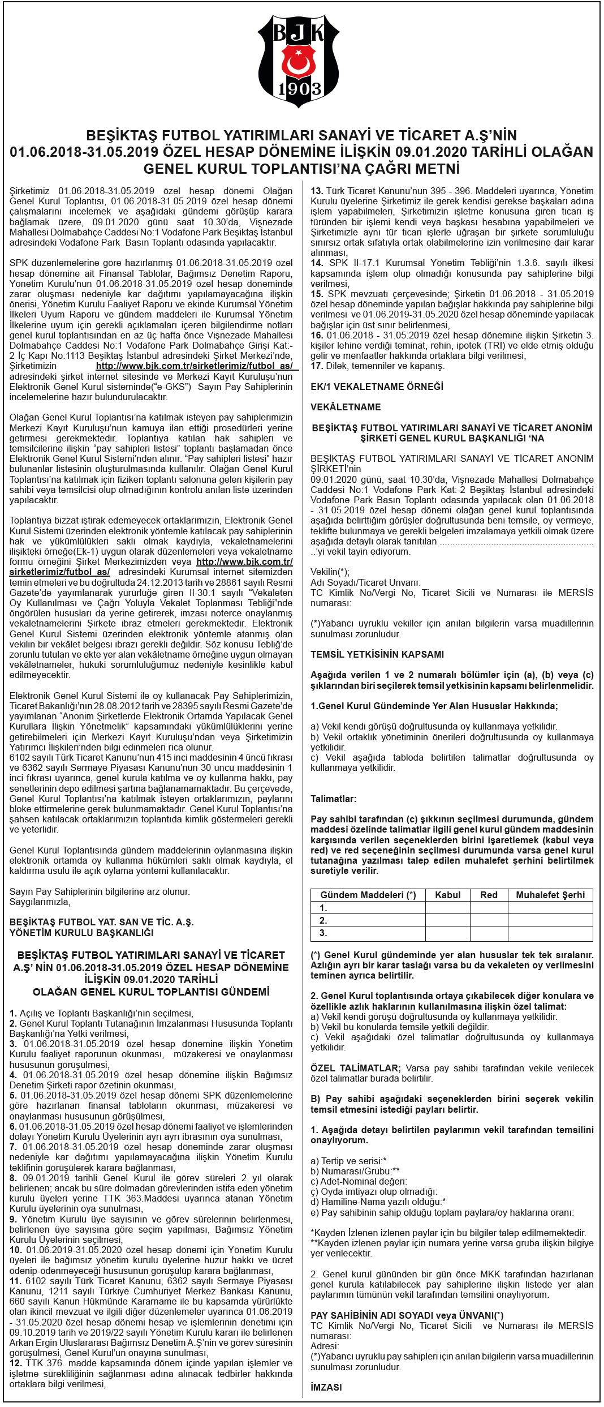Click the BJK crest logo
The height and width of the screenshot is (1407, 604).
(x=299, y=61)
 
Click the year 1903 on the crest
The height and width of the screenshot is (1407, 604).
(x=299, y=89)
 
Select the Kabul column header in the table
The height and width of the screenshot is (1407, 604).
(x=447, y=895)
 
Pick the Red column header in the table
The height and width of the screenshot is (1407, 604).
(x=489, y=895)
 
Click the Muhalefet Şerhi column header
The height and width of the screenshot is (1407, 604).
(x=550, y=895)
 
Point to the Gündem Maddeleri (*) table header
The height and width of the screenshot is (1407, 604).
(x=368, y=895)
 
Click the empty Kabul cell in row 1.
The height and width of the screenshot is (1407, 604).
(x=447, y=908)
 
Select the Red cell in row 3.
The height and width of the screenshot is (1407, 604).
(x=489, y=933)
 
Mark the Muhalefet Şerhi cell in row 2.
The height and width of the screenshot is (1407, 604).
(x=550, y=920)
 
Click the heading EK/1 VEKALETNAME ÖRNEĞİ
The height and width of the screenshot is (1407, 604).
(x=377, y=387)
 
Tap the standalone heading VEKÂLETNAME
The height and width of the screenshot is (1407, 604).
(x=346, y=407)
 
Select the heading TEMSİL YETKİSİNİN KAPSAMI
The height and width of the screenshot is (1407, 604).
(x=377, y=654)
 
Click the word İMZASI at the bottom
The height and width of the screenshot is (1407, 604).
(x=326, y=1387)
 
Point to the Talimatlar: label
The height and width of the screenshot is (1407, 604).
(x=333, y=799)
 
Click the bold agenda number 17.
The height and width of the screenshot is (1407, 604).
(x=316, y=366)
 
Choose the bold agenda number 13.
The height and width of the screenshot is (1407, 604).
(x=316, y=191)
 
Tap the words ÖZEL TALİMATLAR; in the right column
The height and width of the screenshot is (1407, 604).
(x=355, y=1068)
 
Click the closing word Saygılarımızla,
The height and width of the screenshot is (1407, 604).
(x=40, y=902)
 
